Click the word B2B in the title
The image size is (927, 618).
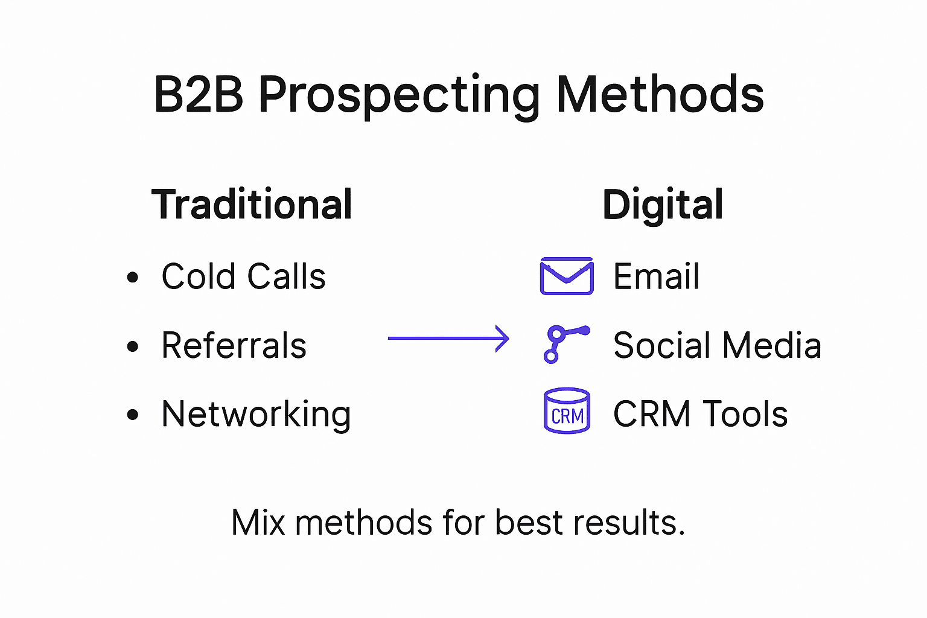click(199, 95)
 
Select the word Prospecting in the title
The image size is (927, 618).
click(399, 97)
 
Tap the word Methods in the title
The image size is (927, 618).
click(660, 95)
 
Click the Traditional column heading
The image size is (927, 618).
click(252, 205)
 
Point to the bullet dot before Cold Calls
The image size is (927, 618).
click(133, 278)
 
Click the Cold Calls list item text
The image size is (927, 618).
click(243, 277)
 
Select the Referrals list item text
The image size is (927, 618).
click(234, 346)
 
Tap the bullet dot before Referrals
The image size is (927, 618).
click(133, 346)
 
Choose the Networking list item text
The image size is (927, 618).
click(256, 415)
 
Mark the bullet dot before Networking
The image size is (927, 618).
click(133, 415)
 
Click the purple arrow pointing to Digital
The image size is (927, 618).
click(448, 339)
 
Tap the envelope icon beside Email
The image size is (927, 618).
click(567, 276)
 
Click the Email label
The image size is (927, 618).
click(656, 277)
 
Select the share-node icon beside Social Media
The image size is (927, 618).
click(565, 344)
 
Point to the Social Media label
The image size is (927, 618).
click(717, 346)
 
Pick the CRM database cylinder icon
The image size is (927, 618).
click(567, 411)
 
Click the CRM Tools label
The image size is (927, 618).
click(700, 415)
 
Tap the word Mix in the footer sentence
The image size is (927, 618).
click(258, 523)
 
